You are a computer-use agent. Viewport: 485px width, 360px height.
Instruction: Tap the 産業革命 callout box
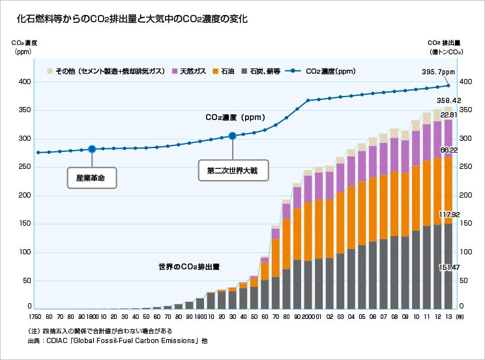(91, 177)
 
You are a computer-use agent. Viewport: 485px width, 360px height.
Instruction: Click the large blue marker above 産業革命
(92, 149)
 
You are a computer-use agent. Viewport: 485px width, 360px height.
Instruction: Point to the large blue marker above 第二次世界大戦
(232, 136)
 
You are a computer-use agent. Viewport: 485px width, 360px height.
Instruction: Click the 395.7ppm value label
(438, 72)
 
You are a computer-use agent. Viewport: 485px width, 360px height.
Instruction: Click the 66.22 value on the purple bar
(448, 150)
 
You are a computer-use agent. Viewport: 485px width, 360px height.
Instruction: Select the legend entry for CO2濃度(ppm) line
(323, 71)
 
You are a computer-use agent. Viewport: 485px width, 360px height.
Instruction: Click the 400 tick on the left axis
(25, 82)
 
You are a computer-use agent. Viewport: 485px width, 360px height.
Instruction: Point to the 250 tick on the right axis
(465, 167)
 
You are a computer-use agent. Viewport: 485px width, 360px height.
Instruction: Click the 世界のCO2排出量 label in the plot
(188, 267)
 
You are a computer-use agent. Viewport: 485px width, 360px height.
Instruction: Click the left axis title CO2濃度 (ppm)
(25, 47)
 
